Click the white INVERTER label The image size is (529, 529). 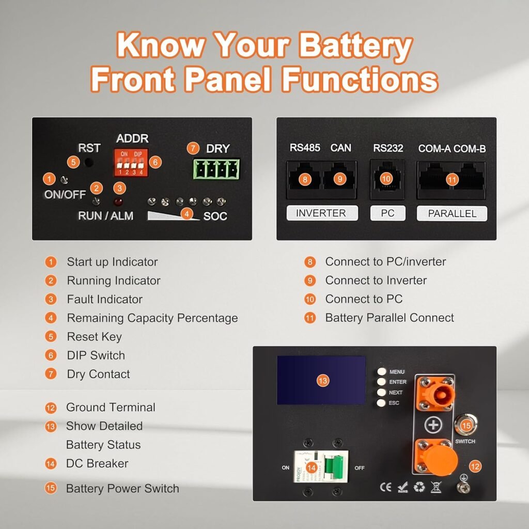pyautogui.click(x=322, y=213)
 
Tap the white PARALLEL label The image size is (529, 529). pyautogui.click(x=453, y=213)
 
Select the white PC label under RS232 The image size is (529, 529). pyautogui.click(x=387, y=213)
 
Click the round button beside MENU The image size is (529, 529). pyautogui.click(x=382, y=371)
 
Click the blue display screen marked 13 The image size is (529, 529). pyautogui.click(x=321, y=380)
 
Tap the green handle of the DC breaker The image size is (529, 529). pyautogui.click(x=336, y=466)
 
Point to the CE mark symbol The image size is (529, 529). pyautogui.click(x=385, y=487)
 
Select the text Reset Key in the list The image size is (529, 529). pyautogui.click(x=94, y=337)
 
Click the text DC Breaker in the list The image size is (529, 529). pyautogui.click(x=97, y=463)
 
